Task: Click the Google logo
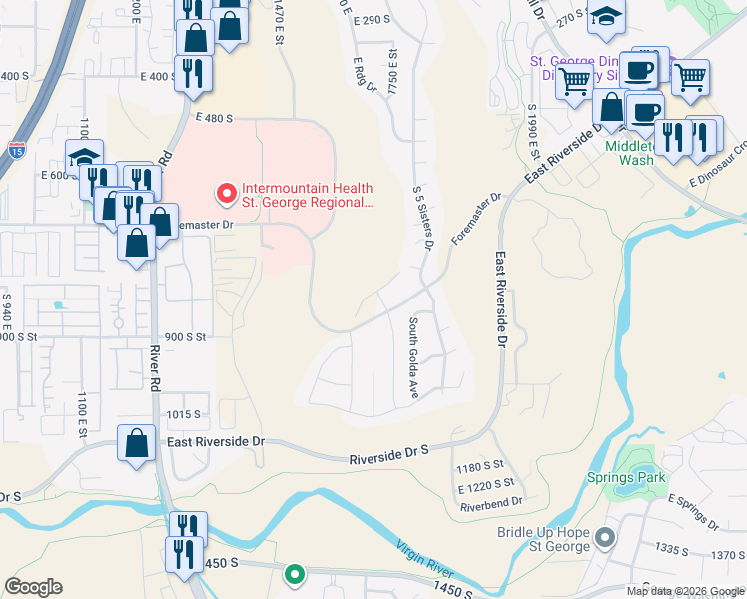tap(33, 587)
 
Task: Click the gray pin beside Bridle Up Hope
tap(604, 539)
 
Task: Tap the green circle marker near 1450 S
tap(294, 573)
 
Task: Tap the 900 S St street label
tap(185, 337)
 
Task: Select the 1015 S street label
tap(184, 414)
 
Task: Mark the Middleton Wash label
tap(630, 152)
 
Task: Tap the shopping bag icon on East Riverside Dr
tap(136, 444)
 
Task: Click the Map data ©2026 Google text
tap(683, 591)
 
